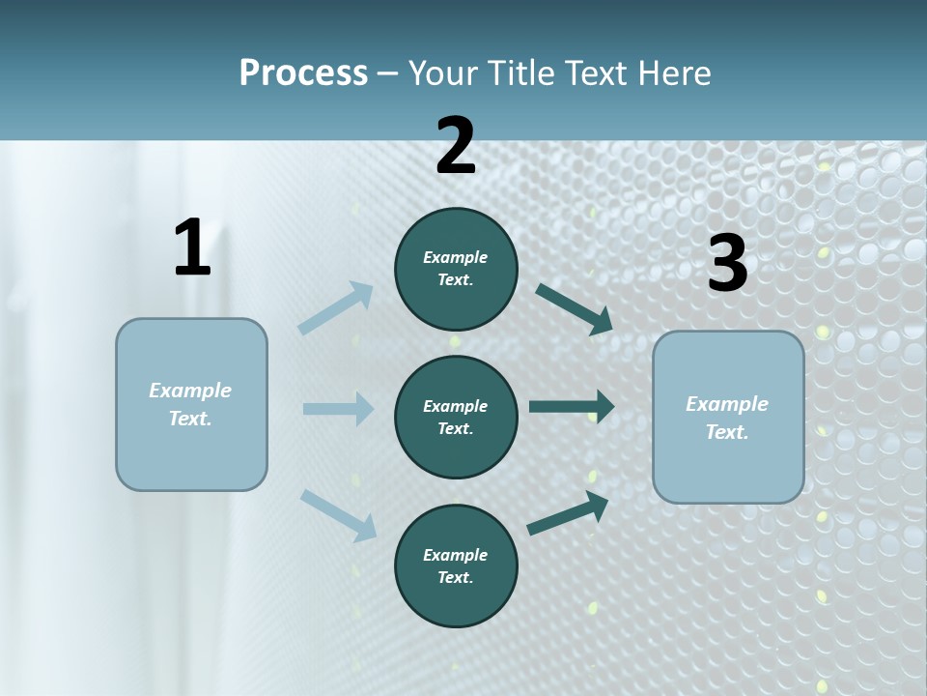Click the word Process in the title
click(x=303, y=73)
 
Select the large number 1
click(x=192, y=247)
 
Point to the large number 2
click(x=456, y=146)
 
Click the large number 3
click(x=727, y=264)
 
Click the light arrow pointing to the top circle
click(x=336, y=308)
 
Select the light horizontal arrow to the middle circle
click(x=338, y=409)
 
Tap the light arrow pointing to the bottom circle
click(x=338, y=514)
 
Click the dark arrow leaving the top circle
click(x=574, y=309)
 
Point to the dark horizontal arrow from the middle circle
click(x=571, y=407)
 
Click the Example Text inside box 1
click(x=190, y=404)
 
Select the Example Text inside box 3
click(x=727, y=418)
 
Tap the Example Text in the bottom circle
click(x=455, y=565)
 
